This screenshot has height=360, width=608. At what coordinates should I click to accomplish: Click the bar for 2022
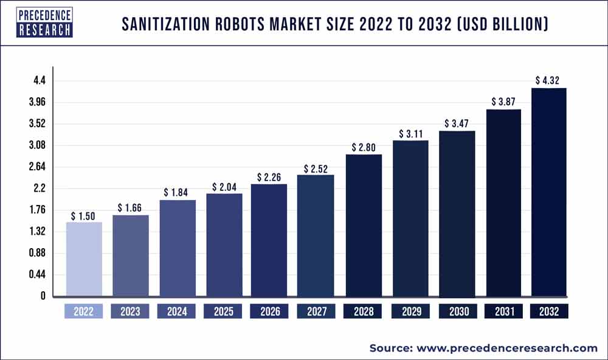click(x=84, y=260)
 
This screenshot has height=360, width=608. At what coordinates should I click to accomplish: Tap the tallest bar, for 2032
click(x=550, y=192)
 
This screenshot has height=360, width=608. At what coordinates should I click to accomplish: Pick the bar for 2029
click(x=410, y=218)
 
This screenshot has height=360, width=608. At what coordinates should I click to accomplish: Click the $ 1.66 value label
click(x=130, y=208)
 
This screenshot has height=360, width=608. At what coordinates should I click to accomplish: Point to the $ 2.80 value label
click(x=364, y=147)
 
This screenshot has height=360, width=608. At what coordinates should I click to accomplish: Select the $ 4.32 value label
click(x=550, y=80)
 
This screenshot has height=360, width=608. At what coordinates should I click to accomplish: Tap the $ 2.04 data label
click(x=224, y=187)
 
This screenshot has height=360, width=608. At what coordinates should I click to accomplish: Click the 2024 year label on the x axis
click(x=177, y=311)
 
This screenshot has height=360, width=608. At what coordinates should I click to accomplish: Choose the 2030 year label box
click(x=457, y=311)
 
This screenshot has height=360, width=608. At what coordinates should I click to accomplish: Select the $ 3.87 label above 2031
click(x=503, y=102)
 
